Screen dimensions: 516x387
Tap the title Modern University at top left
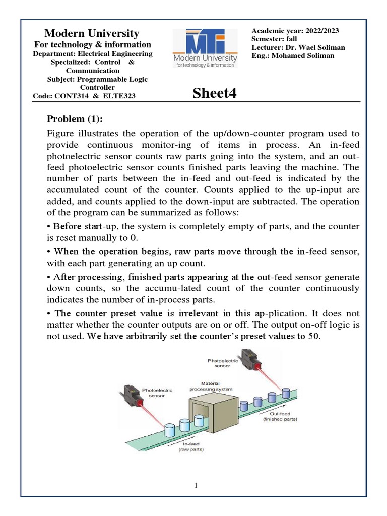coord(92,34)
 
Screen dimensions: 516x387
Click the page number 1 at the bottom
coord(196,485)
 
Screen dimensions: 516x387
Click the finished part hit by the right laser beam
coord(287,393)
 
